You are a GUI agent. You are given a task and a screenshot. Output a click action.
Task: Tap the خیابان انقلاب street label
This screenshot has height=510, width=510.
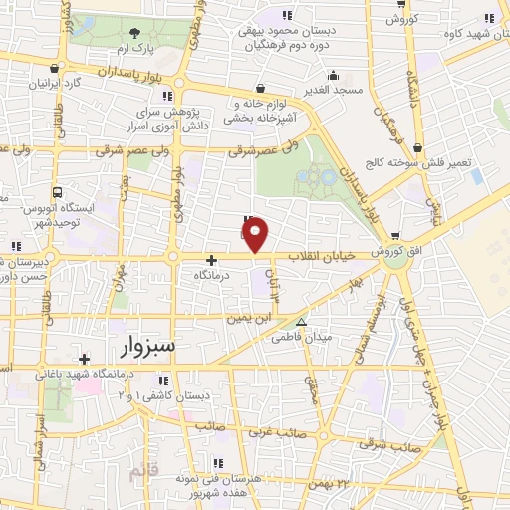[x=321, y=257]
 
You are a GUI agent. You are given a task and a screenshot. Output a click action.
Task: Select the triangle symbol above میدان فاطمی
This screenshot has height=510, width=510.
[x=301, y=322]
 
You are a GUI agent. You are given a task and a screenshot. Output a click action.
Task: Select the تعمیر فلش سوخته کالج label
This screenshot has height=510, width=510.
[x=423, y=162]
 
